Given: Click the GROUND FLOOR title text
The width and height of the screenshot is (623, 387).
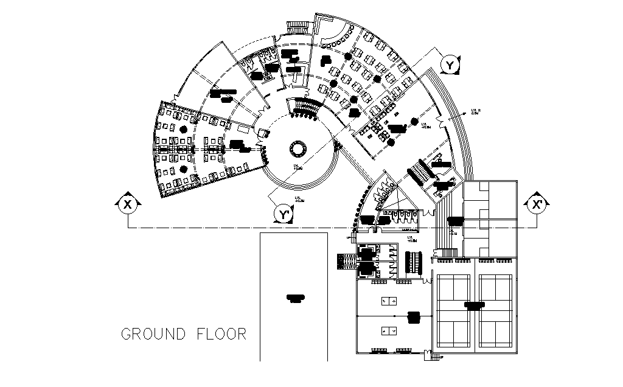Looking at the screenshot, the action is coord(184,334).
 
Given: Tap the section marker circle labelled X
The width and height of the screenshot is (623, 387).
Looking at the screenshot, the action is coord(128,204).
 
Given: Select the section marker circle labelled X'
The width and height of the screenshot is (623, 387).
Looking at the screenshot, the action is coord(537,204).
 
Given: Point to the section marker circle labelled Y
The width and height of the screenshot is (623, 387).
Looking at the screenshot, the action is coord(450,64).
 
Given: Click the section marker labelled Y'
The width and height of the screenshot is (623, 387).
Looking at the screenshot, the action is coord(283,214).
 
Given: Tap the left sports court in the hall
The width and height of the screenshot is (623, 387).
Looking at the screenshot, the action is coord(453,312).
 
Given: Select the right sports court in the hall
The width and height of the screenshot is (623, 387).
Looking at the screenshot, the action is coord(496,312).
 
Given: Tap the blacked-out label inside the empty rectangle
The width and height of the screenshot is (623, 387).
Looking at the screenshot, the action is coord(296,298).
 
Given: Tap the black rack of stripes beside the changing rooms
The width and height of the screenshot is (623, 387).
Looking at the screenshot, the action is coord(416,263).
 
